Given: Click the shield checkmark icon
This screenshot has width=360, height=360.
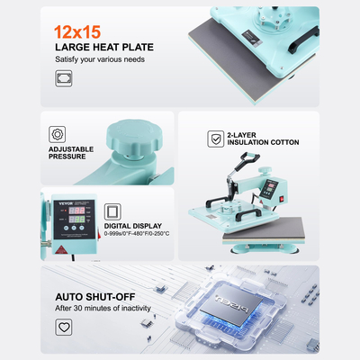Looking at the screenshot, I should tap(215, 139).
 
